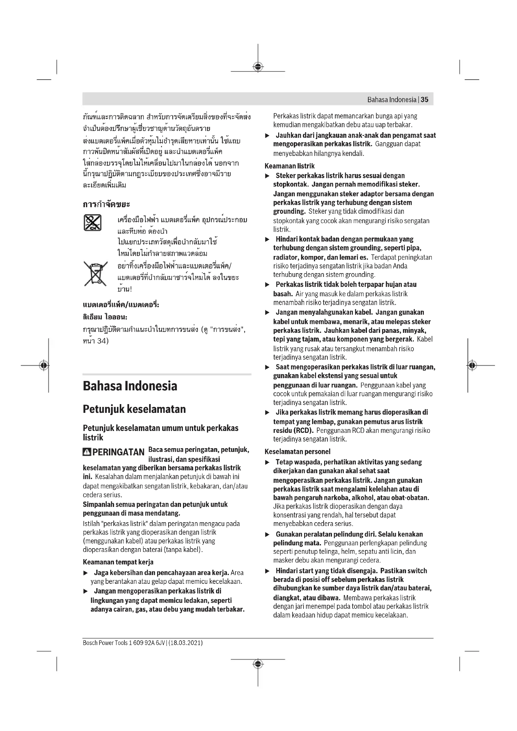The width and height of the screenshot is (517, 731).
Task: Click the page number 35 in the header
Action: pyautogui.click(x=424, y=100)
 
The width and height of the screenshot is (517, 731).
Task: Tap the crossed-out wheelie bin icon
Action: pyautogui.click(x=95, y=273)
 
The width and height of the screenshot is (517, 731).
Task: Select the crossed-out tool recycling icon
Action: pyautogui.click(x=92, y=222)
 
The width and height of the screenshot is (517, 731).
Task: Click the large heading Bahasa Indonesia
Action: pyautogui.click(x=130, y=386)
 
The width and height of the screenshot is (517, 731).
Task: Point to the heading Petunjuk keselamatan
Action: pyautogui.click(x=134, y=409)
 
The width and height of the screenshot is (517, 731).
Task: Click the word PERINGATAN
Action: pyautogui.click(x=118, y=452)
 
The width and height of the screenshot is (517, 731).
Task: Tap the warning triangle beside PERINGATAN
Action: pyautogui.click(x=87, y=452)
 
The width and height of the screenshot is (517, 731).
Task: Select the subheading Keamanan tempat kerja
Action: pyautogui.click(x=118, y=562)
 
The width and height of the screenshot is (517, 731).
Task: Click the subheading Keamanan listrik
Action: pyautogui.click(x=289, y=166)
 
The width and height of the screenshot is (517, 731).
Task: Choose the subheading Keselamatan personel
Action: pyautogui.click(x=297, y=452)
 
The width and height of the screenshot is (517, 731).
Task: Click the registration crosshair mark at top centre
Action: pyautogui.click(x=258, y=67)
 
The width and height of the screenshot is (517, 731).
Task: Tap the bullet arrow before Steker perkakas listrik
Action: pyautogui.click(x=268, y=176)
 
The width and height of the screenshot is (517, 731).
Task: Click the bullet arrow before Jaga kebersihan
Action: pyautogui.click(x=85, y=573)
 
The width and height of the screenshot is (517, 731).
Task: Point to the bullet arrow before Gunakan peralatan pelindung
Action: pyautogui.click(x=268, y=534)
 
